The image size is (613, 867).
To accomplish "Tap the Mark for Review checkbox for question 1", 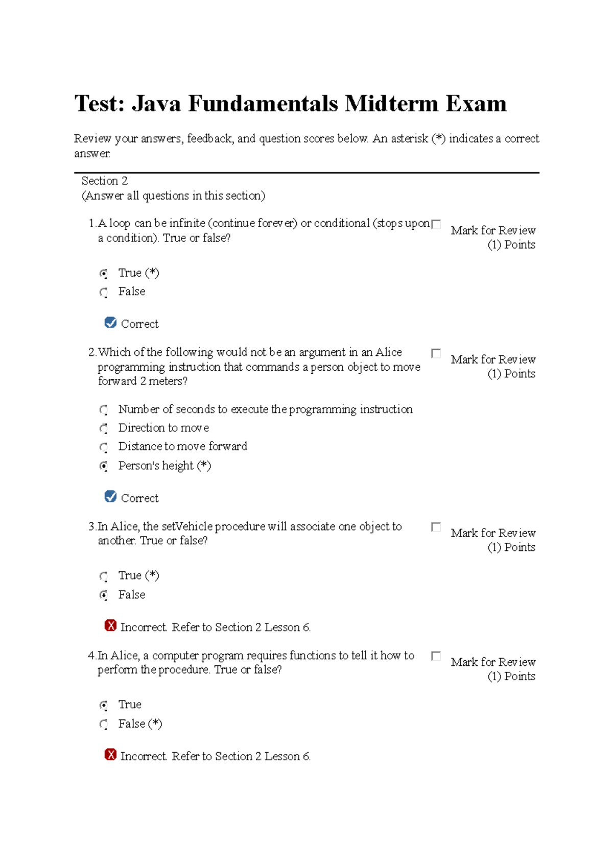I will pyautogui.click(x=436, y=224).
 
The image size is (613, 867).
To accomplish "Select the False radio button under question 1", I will pyautogui.click(x=104, y=293).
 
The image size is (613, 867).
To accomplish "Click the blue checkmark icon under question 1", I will pyautogui.click(x=110, y=323).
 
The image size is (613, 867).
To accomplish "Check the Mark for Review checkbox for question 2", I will pyautogui.click(x=436, y=353).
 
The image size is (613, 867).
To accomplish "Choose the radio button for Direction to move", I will pyautogui.click(x=104, y=428).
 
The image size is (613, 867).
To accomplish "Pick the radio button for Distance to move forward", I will pyautogui.click(x=104, y=447).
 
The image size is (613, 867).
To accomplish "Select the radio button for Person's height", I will pyautogui.click(x=104, y=466).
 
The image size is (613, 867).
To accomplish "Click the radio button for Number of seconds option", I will pyautogui.click(x=104, y=410).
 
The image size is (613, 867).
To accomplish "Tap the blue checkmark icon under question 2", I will pyautogui.click(x=110, y=497).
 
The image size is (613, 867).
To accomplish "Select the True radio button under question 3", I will pyautogui.click(x=104, y=576).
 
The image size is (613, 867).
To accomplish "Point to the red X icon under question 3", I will pyautogui.click(x=110, y=626).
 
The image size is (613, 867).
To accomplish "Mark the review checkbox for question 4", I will pyautogui.click(x=436, y=656).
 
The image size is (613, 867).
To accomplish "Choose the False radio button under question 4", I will pyautogui.click(x=104, y=725).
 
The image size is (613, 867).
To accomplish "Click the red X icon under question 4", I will pyautogui.click(x=110, y=755).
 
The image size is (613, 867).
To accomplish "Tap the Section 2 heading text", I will pyautogui.click(x=105, y=181).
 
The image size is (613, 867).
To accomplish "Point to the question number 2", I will pyautogui.click(x=92, y=352).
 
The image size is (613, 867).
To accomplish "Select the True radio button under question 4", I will pyautogui.click(x=104, y=706).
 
